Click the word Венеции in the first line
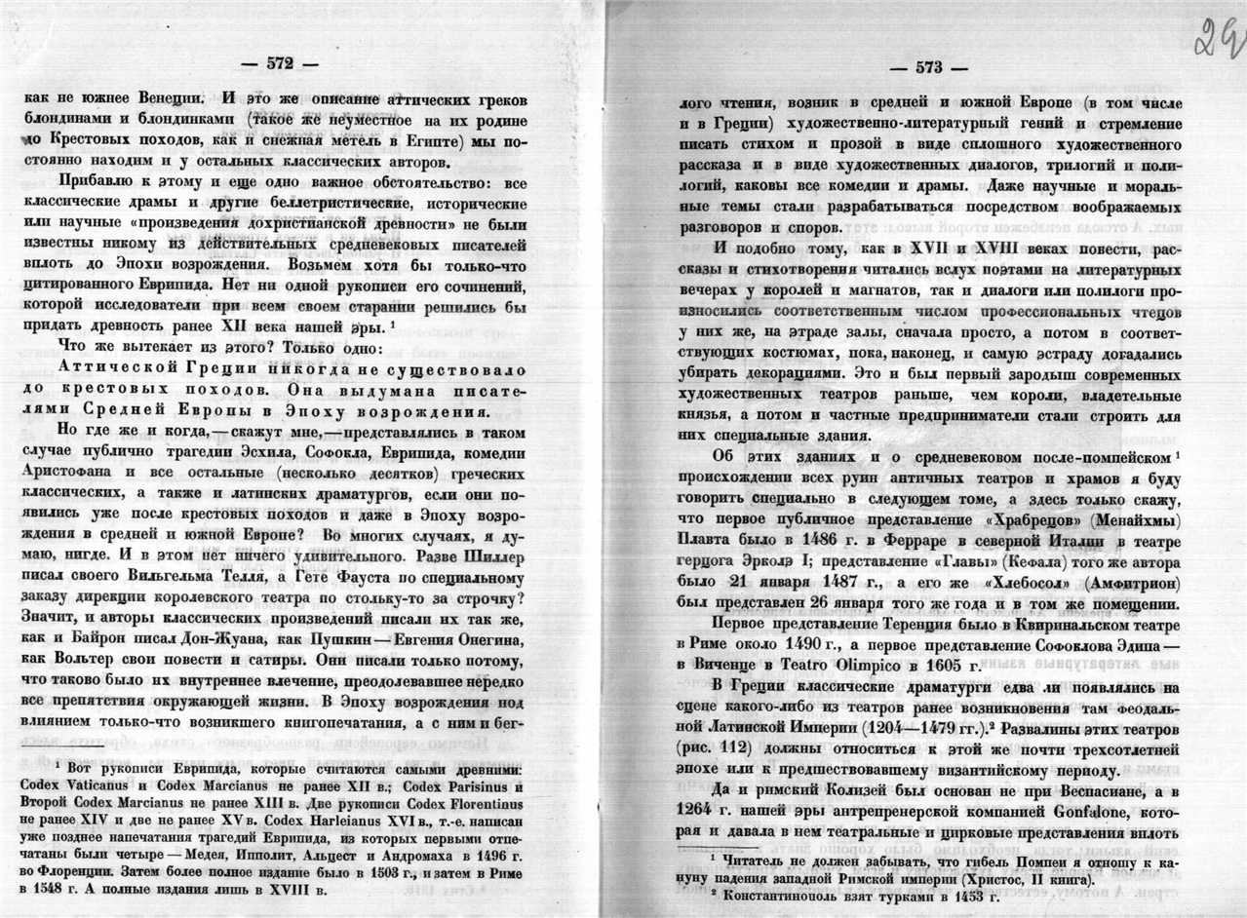pos(168,99)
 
